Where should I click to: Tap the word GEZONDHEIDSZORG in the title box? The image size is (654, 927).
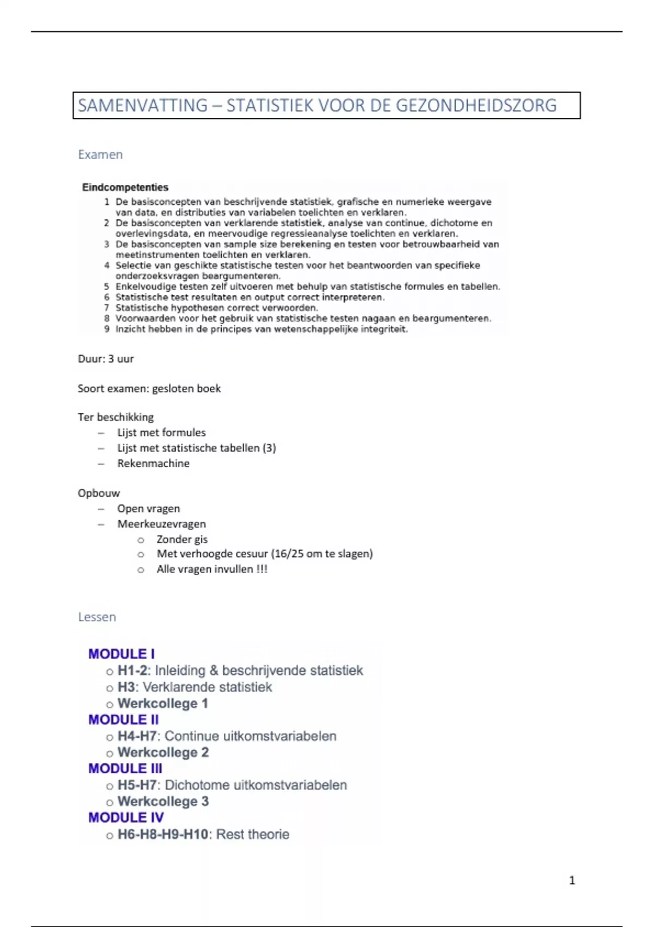(x=476, y=106)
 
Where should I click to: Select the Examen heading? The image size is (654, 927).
(x=100, y=155)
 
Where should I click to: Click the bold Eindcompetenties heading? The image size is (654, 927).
(x=125, y=188)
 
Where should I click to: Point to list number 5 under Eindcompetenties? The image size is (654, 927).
(x=107, y=287)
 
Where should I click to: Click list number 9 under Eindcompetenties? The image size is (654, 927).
(x=107, y=329)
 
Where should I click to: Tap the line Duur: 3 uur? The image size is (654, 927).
(x=106, y=359)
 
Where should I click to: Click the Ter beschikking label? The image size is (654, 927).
(x=116, y=417)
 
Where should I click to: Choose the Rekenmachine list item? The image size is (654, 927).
(x=154, y=463)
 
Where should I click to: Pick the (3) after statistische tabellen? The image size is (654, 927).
(x=269, y=448)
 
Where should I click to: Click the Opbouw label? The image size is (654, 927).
(x=99, y=493)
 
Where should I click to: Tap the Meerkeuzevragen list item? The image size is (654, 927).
(x=162, y=524)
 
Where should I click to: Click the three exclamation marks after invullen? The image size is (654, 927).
(x=262, y=569)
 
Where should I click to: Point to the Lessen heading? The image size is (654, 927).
(x=97, y=617)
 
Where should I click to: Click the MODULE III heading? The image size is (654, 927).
(x=125, y=769)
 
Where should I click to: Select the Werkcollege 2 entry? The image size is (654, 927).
(x=163, y=753)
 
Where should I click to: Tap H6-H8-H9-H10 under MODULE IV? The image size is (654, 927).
(x=163, y=834)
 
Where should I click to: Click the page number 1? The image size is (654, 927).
(x=572, y=880)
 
